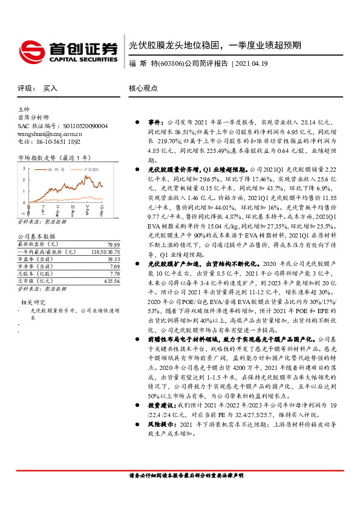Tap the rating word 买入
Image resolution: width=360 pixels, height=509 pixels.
tap(50, 88)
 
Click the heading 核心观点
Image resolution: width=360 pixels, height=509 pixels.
tap(143, 88)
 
